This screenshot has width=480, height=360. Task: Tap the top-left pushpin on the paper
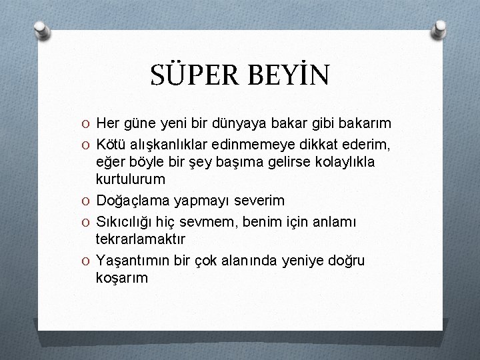click(41, 29)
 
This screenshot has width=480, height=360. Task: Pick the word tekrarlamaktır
click(141, 238)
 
